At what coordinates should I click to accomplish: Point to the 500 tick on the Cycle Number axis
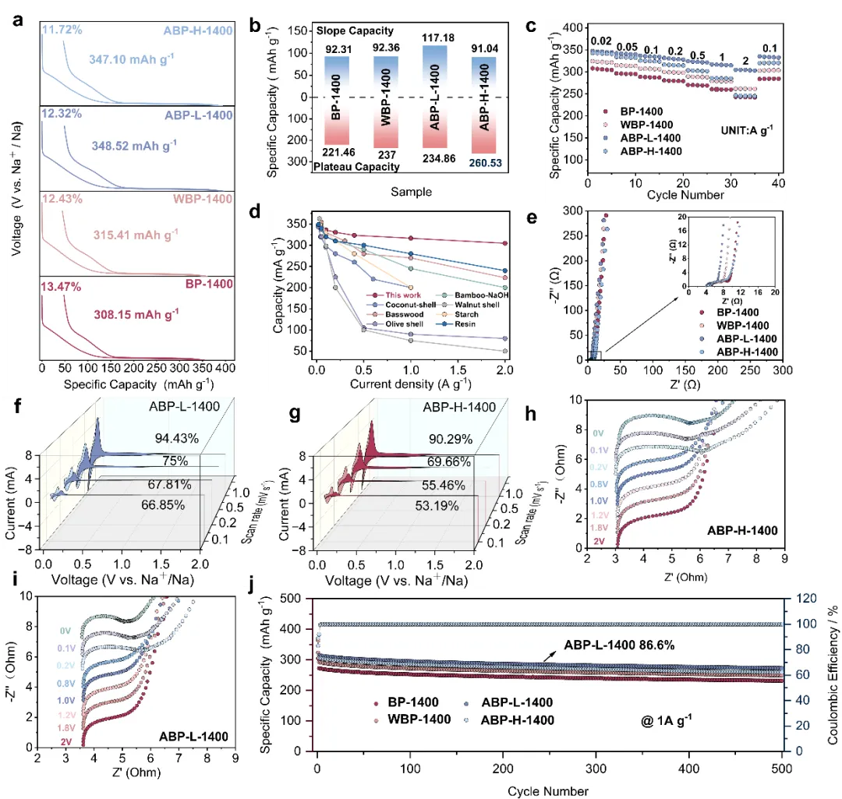[x=783, y=765]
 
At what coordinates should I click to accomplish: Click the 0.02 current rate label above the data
[x=601, y=41]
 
